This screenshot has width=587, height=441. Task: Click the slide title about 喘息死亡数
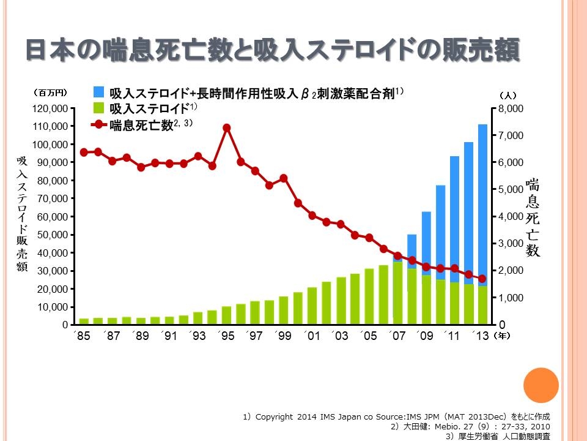[272, 50]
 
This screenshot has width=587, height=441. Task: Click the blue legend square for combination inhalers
[98, 92]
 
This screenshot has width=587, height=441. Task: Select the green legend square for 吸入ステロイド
[98, 108]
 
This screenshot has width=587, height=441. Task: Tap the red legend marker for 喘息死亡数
[98, 125]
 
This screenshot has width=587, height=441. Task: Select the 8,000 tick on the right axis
[511, 109]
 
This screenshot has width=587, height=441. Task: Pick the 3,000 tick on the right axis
[511, 244]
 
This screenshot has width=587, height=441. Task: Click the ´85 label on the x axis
[83, 336]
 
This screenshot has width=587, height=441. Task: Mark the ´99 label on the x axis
[283, 336]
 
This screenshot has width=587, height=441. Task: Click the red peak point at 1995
[227, 128]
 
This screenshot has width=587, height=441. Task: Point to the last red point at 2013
[482, 279]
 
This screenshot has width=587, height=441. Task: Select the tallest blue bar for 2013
[482, 202]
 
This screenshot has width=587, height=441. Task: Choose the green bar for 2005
[369, 296]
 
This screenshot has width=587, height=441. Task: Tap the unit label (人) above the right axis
[508, 96]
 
